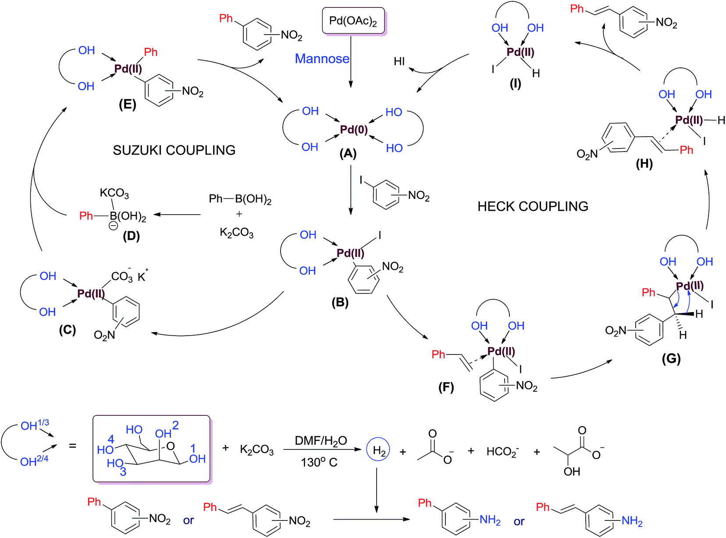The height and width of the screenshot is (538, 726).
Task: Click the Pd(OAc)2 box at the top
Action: coord(353,21)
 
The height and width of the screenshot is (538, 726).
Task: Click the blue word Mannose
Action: coord(322,59)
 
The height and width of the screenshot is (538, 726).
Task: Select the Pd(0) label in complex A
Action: coord(354,130)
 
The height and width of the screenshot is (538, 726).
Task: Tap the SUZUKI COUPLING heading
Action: coord(174,150)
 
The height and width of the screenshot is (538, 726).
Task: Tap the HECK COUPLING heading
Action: coord(533,206)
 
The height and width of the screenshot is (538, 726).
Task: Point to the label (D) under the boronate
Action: coord(131,236)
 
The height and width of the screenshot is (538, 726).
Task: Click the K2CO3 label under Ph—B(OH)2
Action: coord(237,232)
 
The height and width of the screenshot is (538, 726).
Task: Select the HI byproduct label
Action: coord(399,61)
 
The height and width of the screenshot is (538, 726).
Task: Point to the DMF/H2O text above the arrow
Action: coord(321,441)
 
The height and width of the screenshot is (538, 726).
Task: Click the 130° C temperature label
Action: coord(319,463)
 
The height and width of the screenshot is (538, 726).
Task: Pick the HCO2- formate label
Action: coord(502,451)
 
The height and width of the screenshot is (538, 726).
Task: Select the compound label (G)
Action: coord(671,359)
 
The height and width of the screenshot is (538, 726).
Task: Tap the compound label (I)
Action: coord(516,83)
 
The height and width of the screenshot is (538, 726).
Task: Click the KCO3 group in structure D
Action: coord(114,193)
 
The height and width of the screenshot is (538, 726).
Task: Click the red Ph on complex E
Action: coord(151,52)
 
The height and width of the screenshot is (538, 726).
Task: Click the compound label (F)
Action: coord(446,387)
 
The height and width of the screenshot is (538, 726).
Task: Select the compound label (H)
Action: coord(644,164)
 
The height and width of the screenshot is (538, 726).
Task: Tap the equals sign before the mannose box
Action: coord(73,446)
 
